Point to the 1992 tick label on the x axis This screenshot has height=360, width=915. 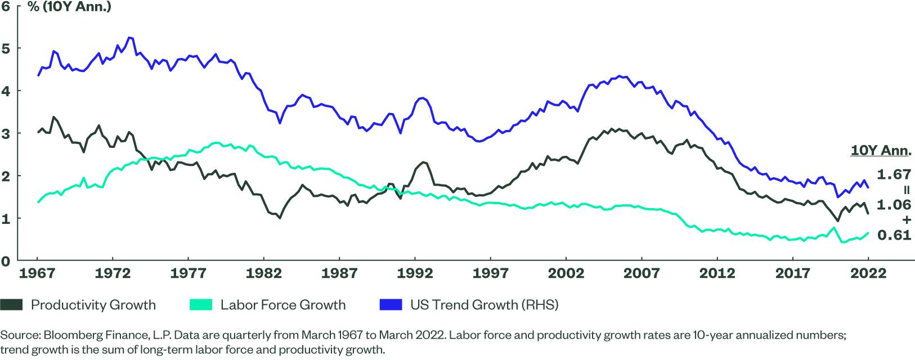415,274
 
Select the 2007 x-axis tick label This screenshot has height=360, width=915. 641,274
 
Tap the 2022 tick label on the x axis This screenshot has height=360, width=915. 867,274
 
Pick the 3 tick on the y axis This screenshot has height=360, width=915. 6,133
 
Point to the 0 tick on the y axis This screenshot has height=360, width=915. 6,261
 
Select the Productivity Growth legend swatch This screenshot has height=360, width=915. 12,305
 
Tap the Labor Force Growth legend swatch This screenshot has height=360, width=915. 201,305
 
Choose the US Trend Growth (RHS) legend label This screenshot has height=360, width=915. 484,305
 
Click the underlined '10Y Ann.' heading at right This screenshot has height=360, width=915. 881,151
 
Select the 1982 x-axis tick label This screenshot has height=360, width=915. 263,274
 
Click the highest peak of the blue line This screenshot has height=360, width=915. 130,38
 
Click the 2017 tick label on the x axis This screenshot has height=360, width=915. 792,274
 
